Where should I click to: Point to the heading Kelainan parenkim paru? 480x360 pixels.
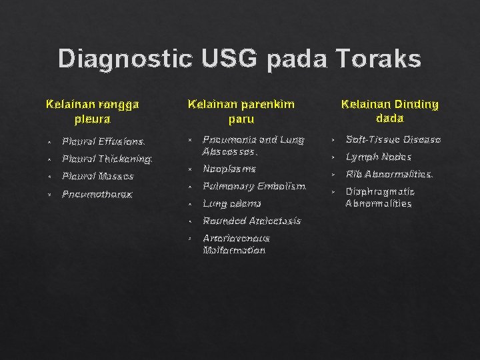click(241, 112)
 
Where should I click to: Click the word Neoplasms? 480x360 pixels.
click(229, 169)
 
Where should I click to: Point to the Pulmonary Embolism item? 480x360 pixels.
click(254, 187)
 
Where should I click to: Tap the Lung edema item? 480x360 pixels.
click(232, 203)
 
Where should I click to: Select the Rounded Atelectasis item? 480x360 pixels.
click(252, 221)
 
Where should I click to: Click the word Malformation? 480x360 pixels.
click(234, 250)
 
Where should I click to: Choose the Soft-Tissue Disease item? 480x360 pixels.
click(393, 140)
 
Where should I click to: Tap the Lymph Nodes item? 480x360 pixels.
click(379, 157)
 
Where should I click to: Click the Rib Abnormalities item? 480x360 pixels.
click(389, 175)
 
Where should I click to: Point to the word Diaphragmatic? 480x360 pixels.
click(380, 191)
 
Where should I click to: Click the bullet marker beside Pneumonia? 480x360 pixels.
click(190, 140)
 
